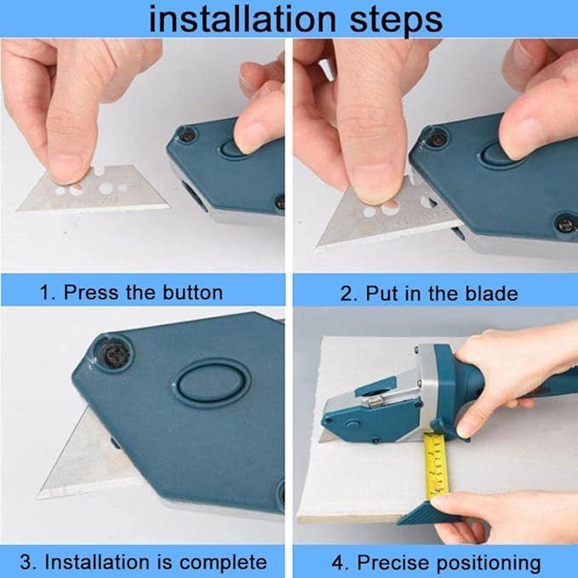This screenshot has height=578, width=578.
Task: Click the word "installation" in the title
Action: pyautogui.click(x=243, y=20)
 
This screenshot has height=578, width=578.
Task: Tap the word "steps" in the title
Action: pyautogui.click(x=396, y=21)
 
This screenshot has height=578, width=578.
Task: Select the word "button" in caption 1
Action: pyautogui.click(x=192, y=292)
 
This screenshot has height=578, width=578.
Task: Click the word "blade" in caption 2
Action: pyautogui.click(x=491, y=294)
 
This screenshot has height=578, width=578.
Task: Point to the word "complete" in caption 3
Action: pyautogui.click(x=223, y=563)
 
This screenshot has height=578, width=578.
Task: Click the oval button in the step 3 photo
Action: pyautogui.click(x=212, y=383)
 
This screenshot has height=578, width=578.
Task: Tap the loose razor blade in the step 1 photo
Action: pyautogui.click(x=92, y=190)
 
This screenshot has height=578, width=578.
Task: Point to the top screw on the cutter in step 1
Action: pyautogui.click(x=187, y=134)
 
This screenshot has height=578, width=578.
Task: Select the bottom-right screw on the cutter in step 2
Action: pyautogui.click(x=567, y=223)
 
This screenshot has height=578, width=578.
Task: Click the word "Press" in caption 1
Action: pyautogui.click(x=91, y=292)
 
